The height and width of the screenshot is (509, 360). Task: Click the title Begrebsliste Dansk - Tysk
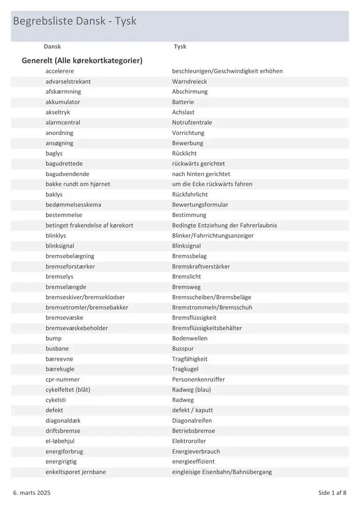click(x=75, y=21)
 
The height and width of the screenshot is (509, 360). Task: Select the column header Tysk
click(x=180, y=46)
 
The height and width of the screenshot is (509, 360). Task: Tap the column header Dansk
click(x=52, y=46)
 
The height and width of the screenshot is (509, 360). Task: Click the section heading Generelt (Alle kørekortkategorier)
click(x=82, y=60)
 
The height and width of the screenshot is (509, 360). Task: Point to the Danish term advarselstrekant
click(x=68, y=82)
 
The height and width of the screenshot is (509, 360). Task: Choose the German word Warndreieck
click(x=189, y=82)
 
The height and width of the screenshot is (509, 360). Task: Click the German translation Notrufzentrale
click(x=192, y=122)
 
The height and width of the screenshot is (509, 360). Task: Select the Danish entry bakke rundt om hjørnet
click(x=78, y=184)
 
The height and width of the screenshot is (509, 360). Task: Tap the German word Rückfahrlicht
click(x=190, y=195)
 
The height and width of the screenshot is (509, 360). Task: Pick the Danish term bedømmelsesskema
click(x=73, y=205)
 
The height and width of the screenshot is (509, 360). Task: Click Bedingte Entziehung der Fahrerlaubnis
click(x=224, y=225)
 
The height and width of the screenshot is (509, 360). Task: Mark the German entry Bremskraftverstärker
click(x=201, y=267)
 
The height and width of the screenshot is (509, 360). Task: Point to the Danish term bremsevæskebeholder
click(x=76, y=328)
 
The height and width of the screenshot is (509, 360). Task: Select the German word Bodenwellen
click(x=189, y=338)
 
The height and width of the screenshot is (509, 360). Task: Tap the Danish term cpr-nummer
click(x=62, y=380)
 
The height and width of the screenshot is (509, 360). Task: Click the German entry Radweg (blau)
click(x=191, y=390)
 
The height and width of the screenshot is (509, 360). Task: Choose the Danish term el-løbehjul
click(x=60, y=441)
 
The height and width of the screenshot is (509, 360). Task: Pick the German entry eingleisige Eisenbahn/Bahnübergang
click(x=222, y=472)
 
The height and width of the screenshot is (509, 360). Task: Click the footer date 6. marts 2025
click(x=32, y=493)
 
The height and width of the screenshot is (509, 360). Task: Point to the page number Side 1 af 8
click(x=332, y=493)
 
